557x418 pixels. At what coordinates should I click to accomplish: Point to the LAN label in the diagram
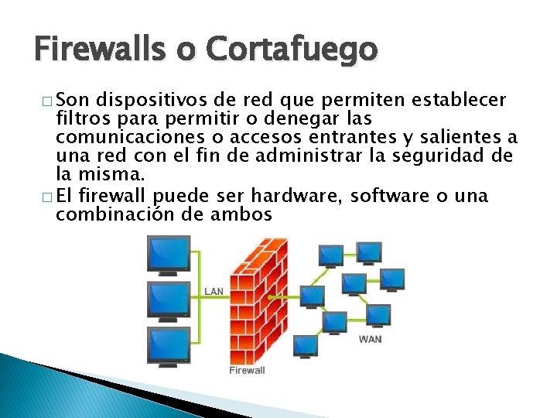[x=214, y=291]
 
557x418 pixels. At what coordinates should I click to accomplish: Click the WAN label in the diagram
[x=370, y=338]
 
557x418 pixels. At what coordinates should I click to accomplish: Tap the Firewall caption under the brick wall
[x=247, y=370]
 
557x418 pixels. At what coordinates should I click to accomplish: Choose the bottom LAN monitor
[x=169, y=345]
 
